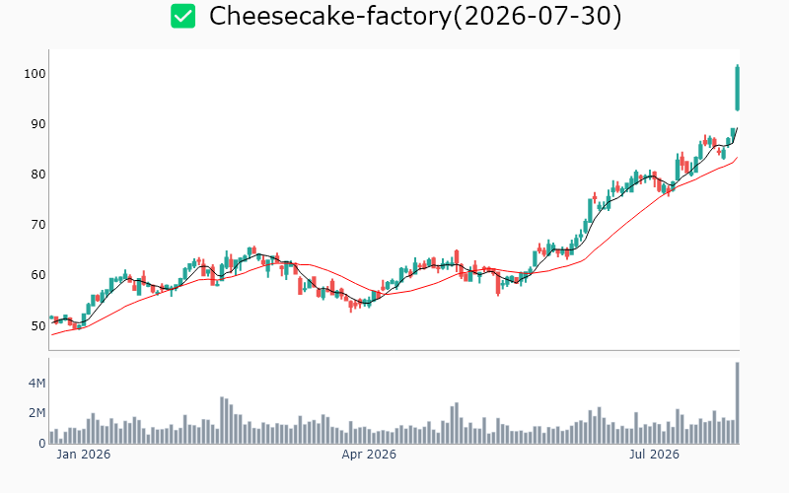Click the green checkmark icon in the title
pos(182,16)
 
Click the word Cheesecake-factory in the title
pos(330,16)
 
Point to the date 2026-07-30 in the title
pos(538,16)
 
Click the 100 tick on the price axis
pos(35,74)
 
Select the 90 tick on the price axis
pos(38,124)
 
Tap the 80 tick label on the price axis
pos(38,175)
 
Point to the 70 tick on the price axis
pos(38,225)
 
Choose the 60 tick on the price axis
pos(38,275)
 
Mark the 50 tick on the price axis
pos(38,325)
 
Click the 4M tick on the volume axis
pos(36,384)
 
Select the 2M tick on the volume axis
pos(36,413)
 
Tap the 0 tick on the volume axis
pos(42,444)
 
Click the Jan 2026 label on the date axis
pos(84,455)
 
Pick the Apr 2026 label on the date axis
pos(369,455)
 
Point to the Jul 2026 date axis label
pos(654,455)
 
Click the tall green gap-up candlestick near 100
pos(737,88)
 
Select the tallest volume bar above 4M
pos(737,403)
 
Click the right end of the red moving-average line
pos(737,158)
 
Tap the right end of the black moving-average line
pos(737,128)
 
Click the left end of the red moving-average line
pos(52,334)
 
